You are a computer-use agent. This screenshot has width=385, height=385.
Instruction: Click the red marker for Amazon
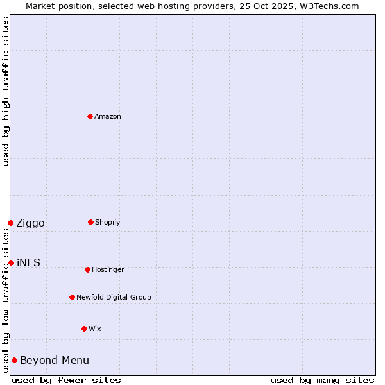click(90, 116)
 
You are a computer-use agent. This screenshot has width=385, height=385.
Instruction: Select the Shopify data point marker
click(90, 222)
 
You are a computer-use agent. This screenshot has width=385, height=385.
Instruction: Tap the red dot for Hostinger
click(87, 269)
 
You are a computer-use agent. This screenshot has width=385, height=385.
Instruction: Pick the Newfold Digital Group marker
click(72, 297)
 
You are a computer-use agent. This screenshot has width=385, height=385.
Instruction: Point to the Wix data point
click(84, 329)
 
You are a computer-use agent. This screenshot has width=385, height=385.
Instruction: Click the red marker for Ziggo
click(10, 223)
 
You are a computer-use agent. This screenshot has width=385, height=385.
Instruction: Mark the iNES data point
click(11, 262)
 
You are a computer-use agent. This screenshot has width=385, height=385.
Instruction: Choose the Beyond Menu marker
click(14, 360)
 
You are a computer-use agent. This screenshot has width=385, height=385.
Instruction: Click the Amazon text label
click(108, 117)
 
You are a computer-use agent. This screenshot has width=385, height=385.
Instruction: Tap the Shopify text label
click(108, 223)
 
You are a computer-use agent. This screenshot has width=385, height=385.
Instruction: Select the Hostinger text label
click(108, 270)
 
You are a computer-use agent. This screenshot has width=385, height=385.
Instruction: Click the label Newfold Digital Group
click(114, 298)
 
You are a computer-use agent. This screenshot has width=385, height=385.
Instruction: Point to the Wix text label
click(95, 329)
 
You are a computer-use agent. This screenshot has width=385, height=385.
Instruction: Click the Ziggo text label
click(30, 223)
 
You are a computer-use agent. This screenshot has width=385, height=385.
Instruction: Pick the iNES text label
click(28, 263)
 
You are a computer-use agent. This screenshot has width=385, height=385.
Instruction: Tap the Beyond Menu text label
click(55, 361)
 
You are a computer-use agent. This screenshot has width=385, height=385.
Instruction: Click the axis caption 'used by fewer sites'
click(66, 380)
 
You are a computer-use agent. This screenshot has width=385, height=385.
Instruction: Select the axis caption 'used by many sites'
click(322, 380)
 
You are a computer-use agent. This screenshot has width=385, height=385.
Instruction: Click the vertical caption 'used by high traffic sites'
click(6, 91)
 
